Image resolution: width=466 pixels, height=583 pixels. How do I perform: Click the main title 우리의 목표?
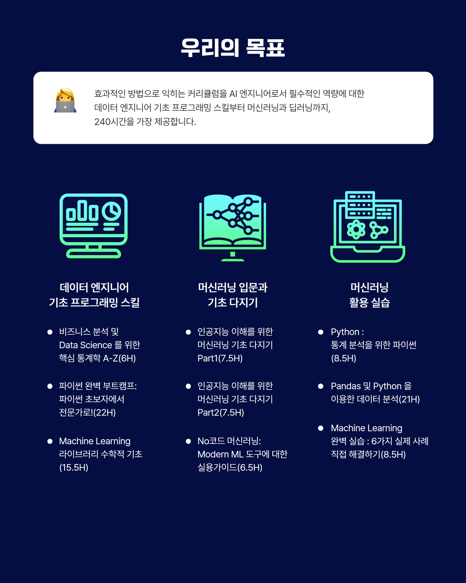233,48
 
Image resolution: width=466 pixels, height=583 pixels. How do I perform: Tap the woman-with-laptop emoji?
65,101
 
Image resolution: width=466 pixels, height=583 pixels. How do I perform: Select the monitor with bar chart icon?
94,226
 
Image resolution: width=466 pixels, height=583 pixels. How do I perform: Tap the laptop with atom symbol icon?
368,227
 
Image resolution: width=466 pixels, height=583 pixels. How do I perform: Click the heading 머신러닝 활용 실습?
369,295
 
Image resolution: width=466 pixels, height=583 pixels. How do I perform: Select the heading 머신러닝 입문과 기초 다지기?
233,295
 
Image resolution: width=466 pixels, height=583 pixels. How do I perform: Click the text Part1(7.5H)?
220,358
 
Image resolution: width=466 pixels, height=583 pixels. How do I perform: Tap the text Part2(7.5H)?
221,412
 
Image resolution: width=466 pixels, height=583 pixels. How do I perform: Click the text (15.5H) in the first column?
74,468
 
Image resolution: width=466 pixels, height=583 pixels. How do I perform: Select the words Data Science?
85,345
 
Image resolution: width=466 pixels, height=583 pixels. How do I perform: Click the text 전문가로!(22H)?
87,412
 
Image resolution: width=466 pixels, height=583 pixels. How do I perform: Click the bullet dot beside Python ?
321,332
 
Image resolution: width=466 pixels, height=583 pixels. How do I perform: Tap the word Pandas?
346,386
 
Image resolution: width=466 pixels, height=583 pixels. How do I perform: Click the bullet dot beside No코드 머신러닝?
188,441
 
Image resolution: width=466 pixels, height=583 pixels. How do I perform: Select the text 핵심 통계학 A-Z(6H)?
97,358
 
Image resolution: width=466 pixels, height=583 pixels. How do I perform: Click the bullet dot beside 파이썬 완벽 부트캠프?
50,386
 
